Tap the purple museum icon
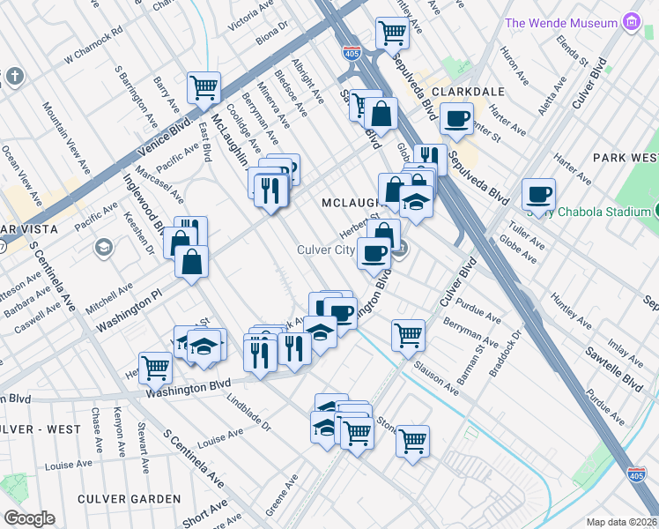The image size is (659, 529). [631, 21]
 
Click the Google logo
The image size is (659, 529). [29, 518]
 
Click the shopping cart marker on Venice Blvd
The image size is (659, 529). [204, 87]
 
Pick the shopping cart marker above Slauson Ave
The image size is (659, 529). [408, 334]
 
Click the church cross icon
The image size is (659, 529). [13, 77]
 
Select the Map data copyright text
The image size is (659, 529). [622, 522]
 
